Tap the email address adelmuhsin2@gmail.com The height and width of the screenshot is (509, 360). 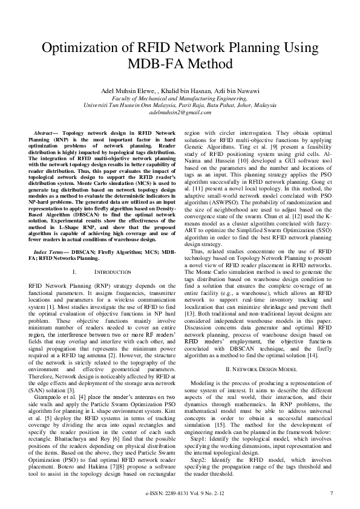[180, 112]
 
